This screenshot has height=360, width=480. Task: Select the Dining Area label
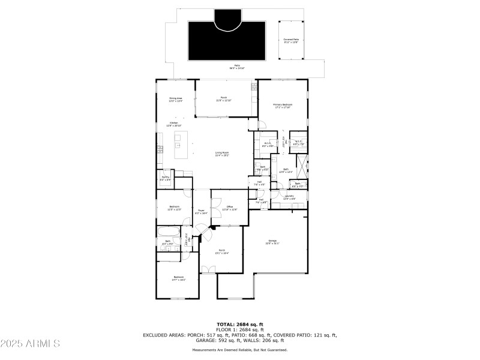tap(175, 99)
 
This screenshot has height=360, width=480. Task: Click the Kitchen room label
tap(173, 124)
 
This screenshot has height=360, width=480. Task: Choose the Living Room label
tap(223, 154)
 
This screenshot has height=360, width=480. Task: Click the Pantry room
tap(166, 178)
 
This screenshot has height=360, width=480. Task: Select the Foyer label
tap(202, 212)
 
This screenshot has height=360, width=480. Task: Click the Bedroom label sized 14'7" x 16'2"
tap(179, 278)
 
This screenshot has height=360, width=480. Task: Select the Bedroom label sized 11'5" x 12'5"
tap(174, 208)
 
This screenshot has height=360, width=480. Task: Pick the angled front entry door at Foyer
tap(205, 229)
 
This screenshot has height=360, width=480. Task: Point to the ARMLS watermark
tap(30, 344)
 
